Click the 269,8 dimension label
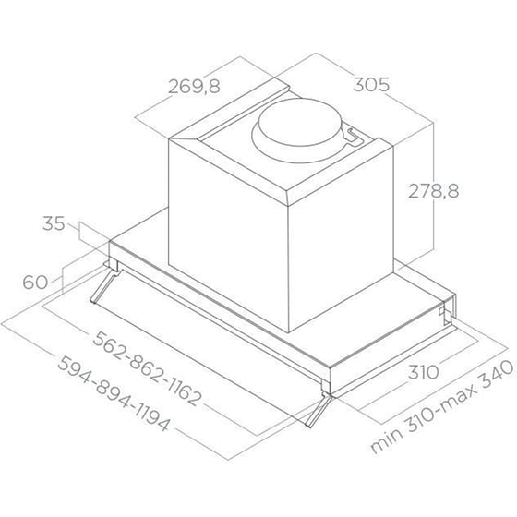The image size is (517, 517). (194, 87)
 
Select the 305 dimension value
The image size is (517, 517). (371, 85)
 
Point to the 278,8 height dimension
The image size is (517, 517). (433, 191)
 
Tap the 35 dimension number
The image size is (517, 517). (54, 223)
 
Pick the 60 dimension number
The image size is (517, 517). (35, 283)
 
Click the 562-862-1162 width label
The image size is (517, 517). (147, 368)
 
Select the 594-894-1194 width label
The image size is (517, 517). (114, 393)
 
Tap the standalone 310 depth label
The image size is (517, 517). (424, 372)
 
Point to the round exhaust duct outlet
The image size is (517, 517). (299, 122)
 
